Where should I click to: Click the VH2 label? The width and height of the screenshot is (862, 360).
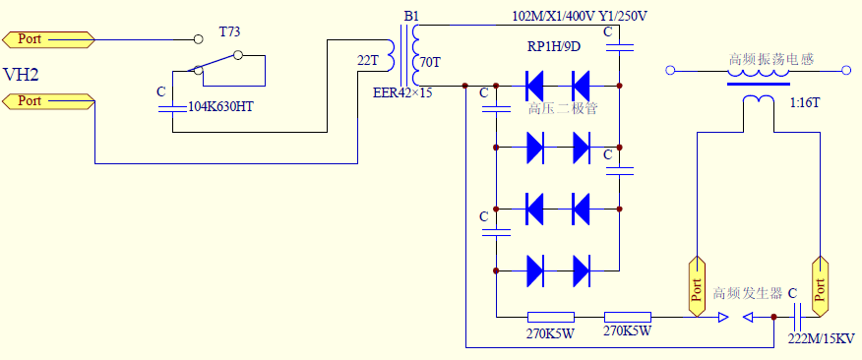click(21, 74)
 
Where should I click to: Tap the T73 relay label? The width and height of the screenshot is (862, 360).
click(230, 31)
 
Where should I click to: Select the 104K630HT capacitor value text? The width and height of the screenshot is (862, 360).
click(221, 106)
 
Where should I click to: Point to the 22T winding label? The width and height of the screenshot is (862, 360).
click(368, 61)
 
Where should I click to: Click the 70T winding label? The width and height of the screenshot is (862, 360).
click(430, 63)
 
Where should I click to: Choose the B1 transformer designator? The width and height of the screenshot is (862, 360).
click(411, 16)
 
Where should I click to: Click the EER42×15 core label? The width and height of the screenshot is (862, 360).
click(402, 92)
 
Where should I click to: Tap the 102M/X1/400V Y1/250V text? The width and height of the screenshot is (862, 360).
click(580, 17)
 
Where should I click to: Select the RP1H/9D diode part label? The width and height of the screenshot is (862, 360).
click(554, 47)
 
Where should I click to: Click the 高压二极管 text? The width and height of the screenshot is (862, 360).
click(562, 109)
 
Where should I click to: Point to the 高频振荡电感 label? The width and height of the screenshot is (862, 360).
click(770, 59)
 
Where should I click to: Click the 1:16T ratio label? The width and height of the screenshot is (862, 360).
click(804, 102)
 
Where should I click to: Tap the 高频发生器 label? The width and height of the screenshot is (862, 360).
click(747, 293)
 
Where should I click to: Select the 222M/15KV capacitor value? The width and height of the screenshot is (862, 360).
click(822, 338)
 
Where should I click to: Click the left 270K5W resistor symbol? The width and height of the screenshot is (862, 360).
click(551, 317)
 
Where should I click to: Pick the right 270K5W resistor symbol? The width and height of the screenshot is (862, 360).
click(628, 317)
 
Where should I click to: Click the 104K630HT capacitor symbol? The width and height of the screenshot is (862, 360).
click(172, 109)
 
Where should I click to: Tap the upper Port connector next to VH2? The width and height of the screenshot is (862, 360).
click(48, 39)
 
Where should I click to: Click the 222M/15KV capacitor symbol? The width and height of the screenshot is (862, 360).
click(798, 317)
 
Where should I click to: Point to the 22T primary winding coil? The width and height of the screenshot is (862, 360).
click(390, 56)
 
